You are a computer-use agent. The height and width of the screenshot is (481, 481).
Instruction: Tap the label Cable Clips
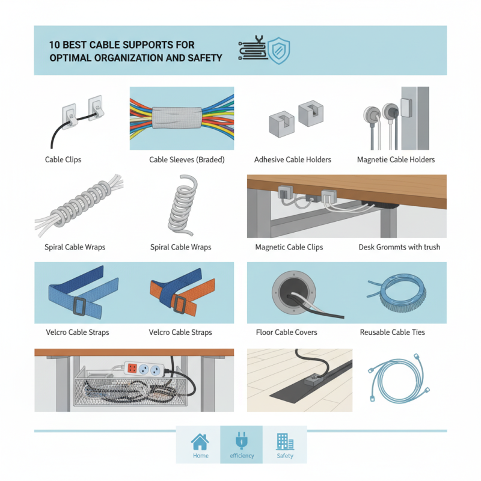[x=63, y=160]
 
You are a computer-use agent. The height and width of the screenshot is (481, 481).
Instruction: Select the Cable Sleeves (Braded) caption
[x=186, y=160]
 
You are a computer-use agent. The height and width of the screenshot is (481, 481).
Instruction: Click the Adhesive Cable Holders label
[x=293, y=160]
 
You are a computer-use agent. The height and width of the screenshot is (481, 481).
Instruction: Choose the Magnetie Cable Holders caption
[x=396, y=160]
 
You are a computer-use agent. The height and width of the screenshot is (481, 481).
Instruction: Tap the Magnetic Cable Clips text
[x=289, y=247]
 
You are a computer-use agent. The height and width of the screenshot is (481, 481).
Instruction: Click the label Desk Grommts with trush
[x=399, y=247]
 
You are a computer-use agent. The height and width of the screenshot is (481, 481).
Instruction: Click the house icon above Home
[x=200, y=442]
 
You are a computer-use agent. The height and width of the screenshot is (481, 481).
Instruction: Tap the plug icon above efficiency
[x=242, y=442]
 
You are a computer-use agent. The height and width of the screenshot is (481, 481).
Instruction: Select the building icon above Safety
[x=284, y=442]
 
